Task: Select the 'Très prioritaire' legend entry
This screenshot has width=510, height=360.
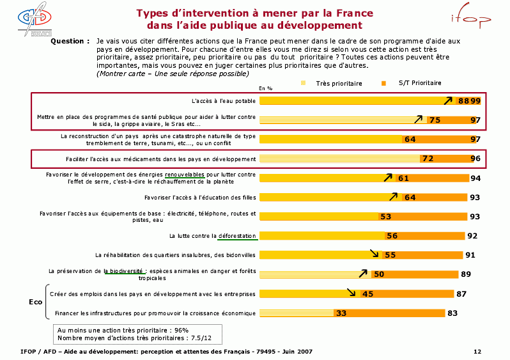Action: point(335,83)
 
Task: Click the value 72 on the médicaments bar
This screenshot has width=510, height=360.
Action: point(428,159)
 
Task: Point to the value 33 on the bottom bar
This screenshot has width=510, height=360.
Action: point(341,313)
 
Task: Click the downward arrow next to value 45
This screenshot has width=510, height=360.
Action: point(351,292)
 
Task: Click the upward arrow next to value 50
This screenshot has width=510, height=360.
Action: point(363,273)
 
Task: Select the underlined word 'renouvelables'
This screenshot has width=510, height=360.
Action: point(185,174)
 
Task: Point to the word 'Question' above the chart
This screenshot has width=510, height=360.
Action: point(69,41)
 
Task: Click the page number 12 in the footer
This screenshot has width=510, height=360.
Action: point(477,352)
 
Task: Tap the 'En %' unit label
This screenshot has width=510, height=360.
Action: point(265,88)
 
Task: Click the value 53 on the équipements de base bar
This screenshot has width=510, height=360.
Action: point(385,217)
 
